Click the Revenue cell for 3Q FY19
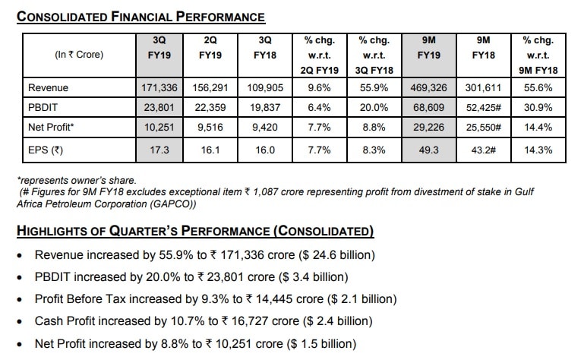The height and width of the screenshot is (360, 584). pyautogui.click(x=159, y=88)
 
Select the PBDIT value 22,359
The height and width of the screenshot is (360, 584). pyautogui.click(x=210, y=108)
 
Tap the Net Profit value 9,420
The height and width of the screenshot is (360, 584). pyautogui.click(x=265, y=128)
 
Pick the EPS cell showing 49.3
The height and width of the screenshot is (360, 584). pyautogui.click(x=428, y=150)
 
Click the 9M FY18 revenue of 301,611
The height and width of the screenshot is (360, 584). pyautogui.click(x=483, y=88)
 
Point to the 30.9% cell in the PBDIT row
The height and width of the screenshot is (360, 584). pyautogui.click(x=538, y=108)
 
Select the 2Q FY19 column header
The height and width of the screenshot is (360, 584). pyautogui.click(x=210, y=48)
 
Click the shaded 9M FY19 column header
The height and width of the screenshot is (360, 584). pyautogui.click(x=428, y=48)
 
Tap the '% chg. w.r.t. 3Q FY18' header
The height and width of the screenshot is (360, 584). pyautogui.click(x=374, y=55)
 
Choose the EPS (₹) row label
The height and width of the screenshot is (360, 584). pyautogui.click(x=46, y=150)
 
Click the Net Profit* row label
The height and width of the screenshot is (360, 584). pyautogui.click(x=51, y=128)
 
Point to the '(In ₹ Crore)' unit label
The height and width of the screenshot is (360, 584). pyautogui.click(x=79, y=55)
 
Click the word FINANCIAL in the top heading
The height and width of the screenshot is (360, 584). pyautogui.click(x=140, y=17)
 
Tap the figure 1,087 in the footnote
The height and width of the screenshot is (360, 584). pyautogui.click(x=265, y=192)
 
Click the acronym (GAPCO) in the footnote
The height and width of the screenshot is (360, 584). pyautogui.click(x=173, y=204)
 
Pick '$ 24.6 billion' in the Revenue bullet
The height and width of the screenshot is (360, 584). pyautogui.click(x=336, y=255)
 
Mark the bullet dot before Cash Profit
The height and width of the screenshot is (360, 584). pyautogui.click(x=20, y=321)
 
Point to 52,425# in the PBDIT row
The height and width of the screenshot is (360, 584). pyautogui.click(x=484, y=108)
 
